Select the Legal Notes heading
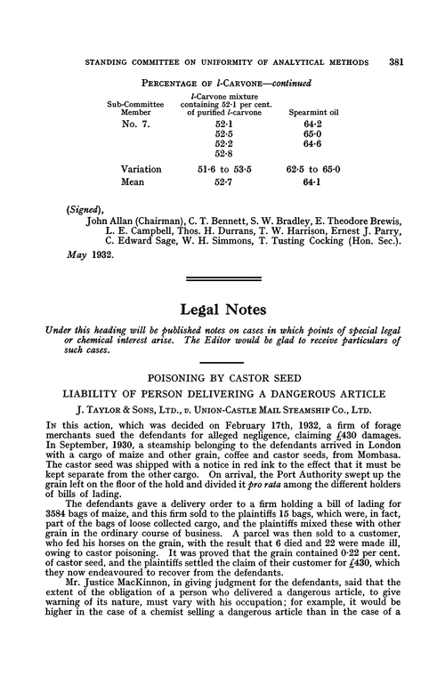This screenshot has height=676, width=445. click(x=222, y=314)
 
